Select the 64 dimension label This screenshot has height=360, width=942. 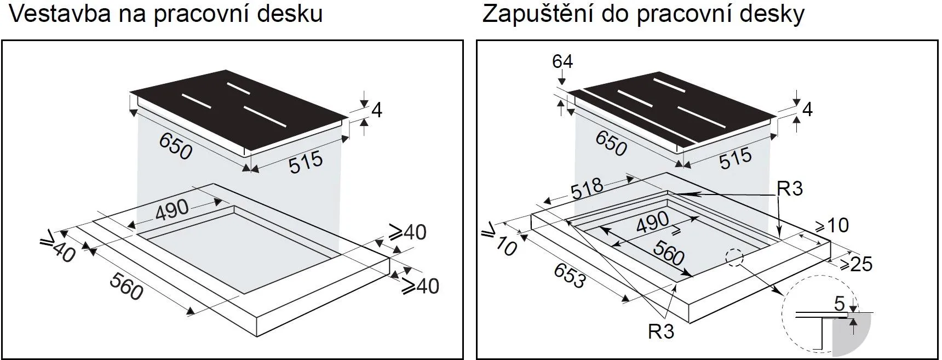point(562,61)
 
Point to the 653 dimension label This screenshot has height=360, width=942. point(569,276)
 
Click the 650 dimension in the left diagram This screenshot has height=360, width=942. point(176,147)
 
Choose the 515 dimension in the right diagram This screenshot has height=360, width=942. point(735,159)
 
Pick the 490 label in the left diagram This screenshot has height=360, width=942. point(172,210)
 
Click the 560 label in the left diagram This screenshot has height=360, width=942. point(127,287)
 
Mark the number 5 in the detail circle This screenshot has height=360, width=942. point(839,304)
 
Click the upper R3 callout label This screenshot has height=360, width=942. point(789,188)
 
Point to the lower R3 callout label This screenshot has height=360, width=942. point(661,332)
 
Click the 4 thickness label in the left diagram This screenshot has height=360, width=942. point(376,110)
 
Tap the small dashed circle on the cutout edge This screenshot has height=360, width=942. point(734,258)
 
